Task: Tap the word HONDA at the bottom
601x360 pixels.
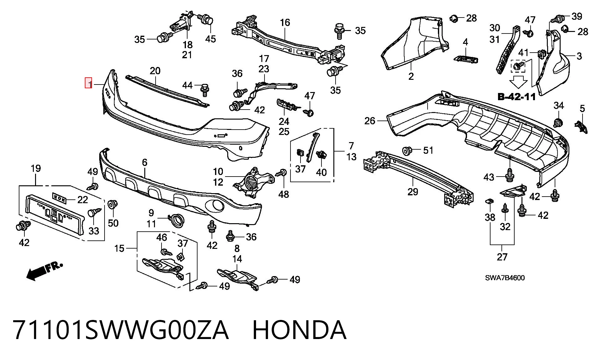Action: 299,330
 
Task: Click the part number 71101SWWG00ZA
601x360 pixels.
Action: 121,330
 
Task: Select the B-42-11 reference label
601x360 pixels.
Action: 516,97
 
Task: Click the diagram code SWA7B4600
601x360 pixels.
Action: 505,278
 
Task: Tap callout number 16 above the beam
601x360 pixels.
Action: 285,23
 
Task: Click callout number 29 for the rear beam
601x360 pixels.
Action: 413,192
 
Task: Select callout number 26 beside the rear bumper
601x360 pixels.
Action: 370,121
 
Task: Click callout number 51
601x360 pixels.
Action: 428,150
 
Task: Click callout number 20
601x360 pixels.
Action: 155,71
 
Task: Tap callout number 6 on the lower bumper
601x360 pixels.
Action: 145,162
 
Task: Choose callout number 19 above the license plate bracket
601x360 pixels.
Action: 36,168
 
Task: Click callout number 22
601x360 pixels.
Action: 82,200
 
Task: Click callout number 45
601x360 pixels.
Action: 210,39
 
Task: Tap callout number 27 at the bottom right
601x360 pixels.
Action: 502,257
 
